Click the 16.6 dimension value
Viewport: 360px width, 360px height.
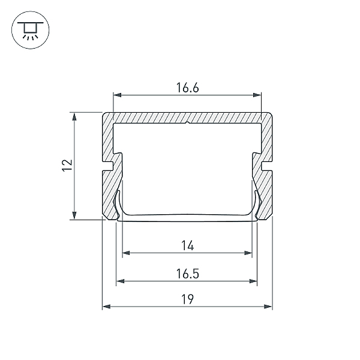point(187,88)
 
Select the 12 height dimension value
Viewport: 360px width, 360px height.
point(67,165)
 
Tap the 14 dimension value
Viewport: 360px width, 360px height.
point(187,245)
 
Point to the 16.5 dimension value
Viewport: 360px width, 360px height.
point(187,274)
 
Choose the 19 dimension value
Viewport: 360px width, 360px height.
point(187,299)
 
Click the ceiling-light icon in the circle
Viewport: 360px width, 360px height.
point(31,30)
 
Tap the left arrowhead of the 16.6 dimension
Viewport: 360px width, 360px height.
point(118,95)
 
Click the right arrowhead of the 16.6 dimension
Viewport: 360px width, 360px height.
point(257,95)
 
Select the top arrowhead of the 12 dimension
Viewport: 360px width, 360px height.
point(74,116)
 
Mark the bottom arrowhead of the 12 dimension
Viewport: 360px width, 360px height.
point(74,215)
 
